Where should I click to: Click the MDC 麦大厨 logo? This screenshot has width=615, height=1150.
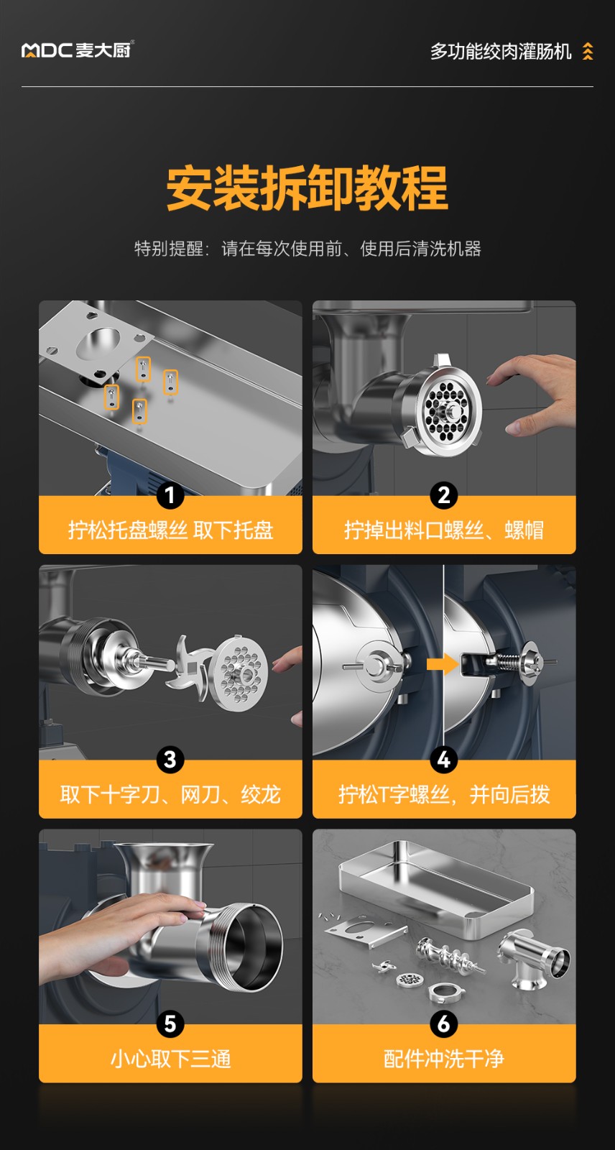pos(78,50)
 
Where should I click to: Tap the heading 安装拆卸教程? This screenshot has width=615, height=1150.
pos(307,188)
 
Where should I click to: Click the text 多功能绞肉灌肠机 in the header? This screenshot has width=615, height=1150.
pos(501,51)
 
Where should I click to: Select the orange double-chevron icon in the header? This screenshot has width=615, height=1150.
pos(588,51)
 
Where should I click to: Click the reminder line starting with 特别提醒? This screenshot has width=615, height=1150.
pos(307,249)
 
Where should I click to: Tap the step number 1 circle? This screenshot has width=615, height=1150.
pos(170,496)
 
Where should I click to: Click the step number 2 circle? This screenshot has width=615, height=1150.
pos(443,496)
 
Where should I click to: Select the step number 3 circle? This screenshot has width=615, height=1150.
pos(170,760)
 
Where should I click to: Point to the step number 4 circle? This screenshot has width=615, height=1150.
pos(443,760)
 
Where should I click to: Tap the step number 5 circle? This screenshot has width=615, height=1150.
pos(170,1024)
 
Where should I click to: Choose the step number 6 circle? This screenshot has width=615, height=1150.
pos(443,1024)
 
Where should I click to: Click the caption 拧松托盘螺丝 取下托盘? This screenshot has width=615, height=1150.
pos(170,530)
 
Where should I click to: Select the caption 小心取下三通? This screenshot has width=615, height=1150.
pos(170,1059)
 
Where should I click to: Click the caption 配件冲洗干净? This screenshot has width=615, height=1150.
pos(444,1059)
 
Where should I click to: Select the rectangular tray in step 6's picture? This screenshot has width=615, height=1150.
pos(435,888)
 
